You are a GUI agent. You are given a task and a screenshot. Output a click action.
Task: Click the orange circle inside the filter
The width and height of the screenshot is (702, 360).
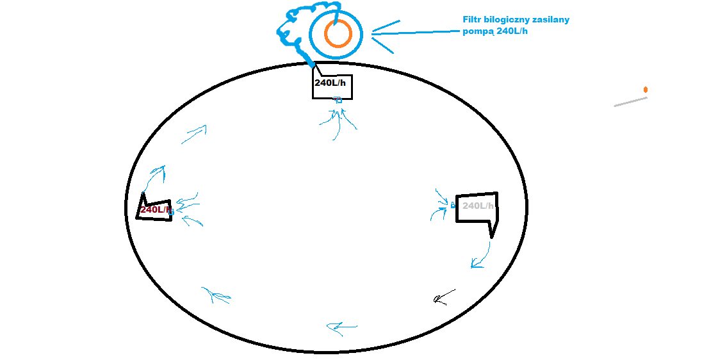click(x=325, y=34)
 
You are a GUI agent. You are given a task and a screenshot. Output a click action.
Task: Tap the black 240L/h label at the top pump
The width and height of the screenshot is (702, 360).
click(x=330, y=83)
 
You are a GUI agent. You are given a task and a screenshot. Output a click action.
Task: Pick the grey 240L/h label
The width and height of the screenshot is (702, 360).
click(x=478, y=206)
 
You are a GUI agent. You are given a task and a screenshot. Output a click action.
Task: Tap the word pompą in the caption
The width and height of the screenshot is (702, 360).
click(x=478, y=32)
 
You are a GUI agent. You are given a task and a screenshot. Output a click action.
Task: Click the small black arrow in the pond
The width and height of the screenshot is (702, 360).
click(x=444, y=297)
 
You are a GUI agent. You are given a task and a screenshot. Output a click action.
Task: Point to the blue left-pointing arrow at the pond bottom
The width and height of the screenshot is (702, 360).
click(x=342, y=328)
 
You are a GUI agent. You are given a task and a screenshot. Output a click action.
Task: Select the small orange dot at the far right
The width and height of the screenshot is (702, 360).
click(x=646, y=90)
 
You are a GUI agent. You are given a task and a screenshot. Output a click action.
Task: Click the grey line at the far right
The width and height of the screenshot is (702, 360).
click(x=630, y=102)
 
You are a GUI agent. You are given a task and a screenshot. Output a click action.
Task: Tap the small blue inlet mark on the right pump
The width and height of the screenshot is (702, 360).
click(x=453, y=205)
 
